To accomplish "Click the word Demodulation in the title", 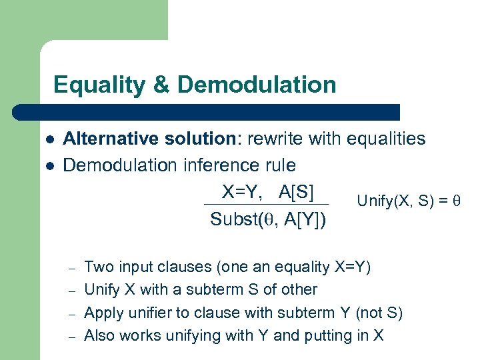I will (257, 85).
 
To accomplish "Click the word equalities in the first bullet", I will (384, 139).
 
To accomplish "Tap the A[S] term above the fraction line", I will (296, 192).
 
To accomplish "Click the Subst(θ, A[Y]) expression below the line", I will (268, 219).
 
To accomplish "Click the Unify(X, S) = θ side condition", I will (409, 201).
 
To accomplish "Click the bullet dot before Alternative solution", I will (49, 139).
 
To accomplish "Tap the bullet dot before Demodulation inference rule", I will (49, 165).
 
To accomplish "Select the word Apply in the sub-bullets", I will (102, 313).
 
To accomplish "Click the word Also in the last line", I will (99, 335).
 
